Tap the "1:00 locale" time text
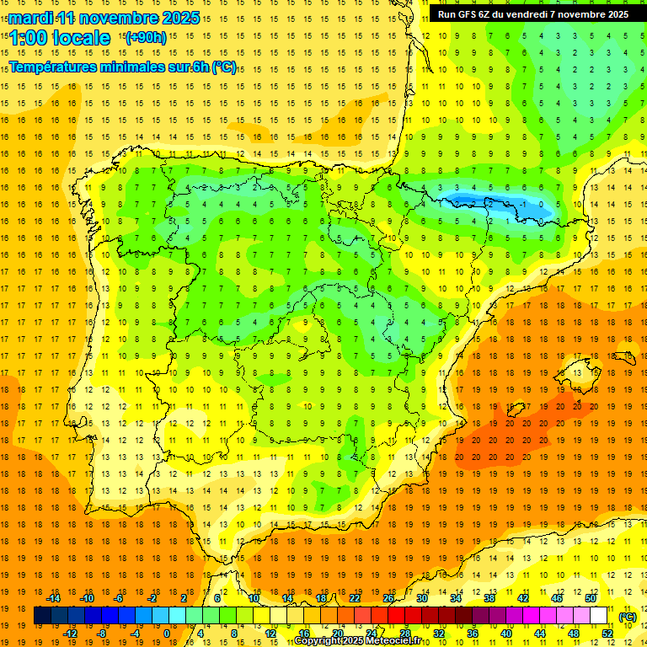point(60,38)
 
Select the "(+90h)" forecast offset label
point(146,38)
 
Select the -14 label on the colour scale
point(53,598)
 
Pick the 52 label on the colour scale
point(607,634)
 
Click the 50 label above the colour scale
point(591,598)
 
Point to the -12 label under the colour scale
point(70,634)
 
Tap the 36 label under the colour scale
point(473,634)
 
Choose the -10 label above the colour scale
point(87,598)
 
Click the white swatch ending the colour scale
point(599,616)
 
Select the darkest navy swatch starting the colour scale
point(42,616)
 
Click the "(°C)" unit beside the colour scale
point(628,617)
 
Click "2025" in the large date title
point(179,18)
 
